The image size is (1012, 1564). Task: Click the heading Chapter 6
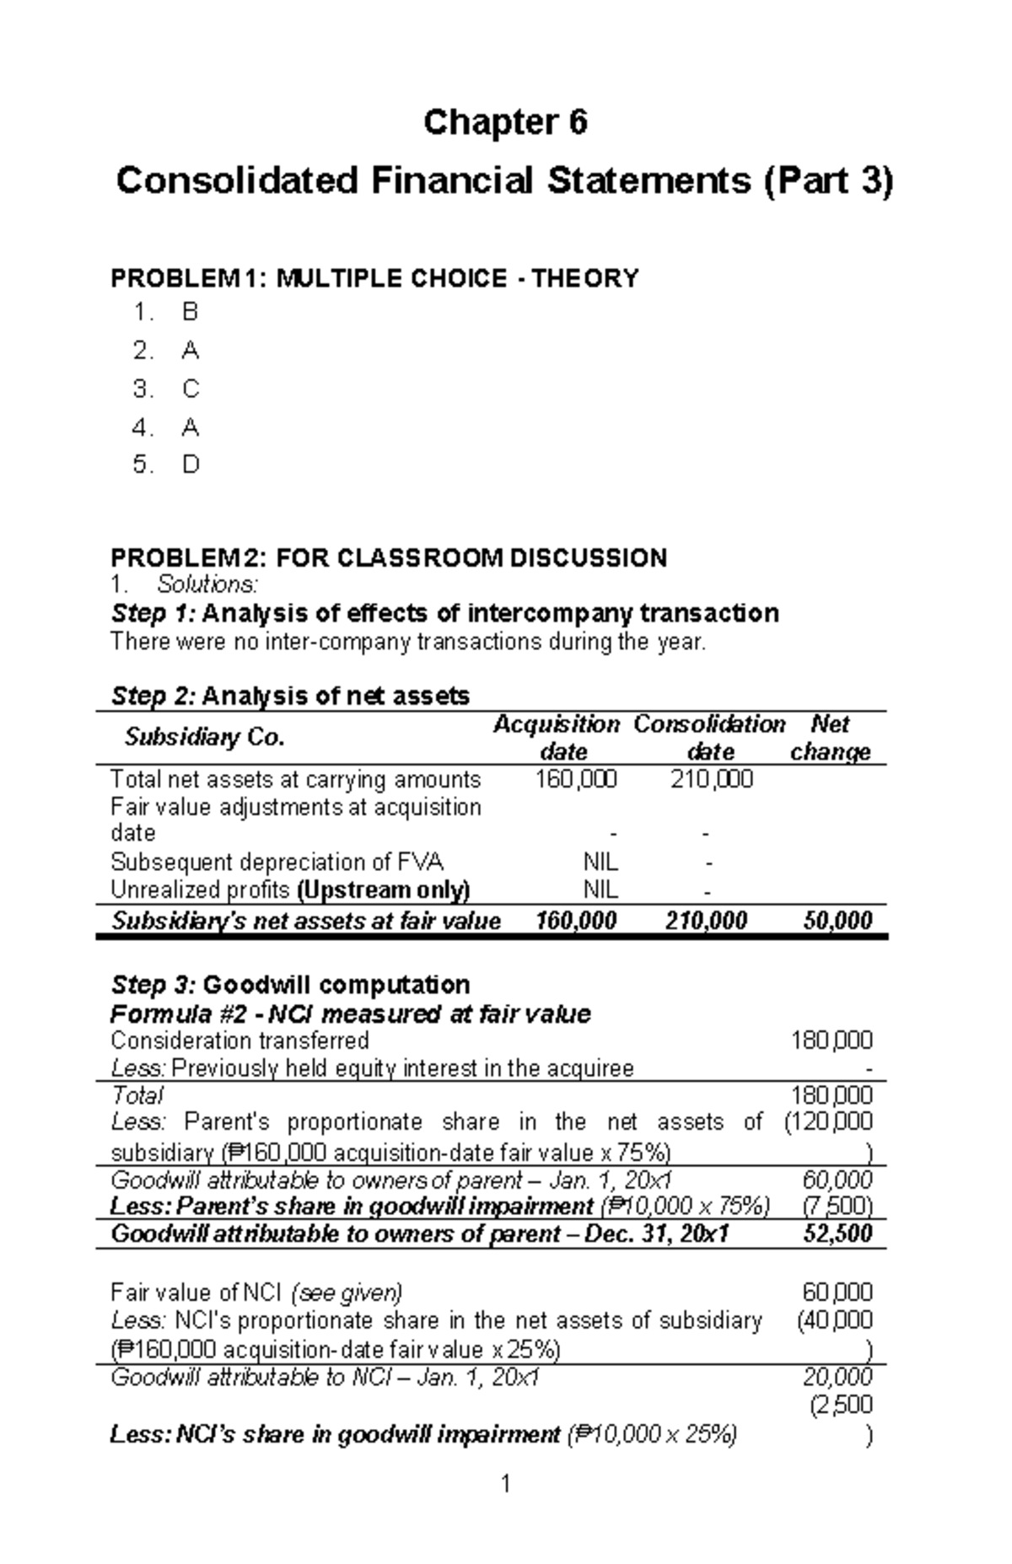[504, 123]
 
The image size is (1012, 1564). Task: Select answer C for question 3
[190, 389]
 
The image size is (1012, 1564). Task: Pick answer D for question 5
[190, 465]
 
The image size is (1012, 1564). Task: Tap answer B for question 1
[190, 313]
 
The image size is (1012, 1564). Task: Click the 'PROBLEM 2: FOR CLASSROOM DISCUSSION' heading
[389, 557]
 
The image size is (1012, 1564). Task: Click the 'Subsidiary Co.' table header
[204, 738]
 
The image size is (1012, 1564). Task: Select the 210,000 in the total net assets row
[711, 780]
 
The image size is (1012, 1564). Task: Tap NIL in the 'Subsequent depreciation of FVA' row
[600, 863]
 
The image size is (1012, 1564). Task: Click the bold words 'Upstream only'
[384, 890]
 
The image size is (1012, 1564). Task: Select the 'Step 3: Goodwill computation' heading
[290, 985]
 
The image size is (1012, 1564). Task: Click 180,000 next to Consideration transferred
[831, 1040]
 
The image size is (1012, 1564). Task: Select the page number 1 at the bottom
[505, 1484]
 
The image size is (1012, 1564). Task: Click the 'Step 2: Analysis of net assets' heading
[290, 696]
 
